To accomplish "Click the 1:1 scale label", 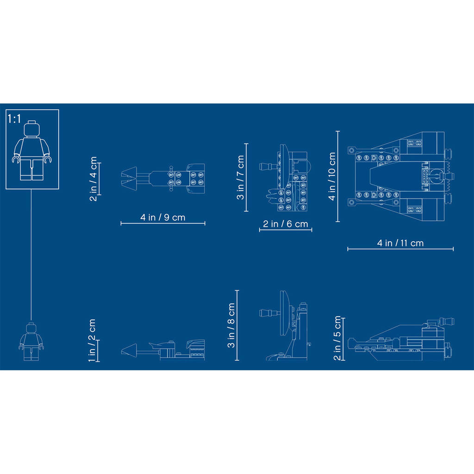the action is pos(14,119).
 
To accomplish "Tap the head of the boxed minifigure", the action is pos(32,129).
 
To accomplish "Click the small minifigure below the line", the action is pos(31,342).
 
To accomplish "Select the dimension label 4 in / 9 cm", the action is pos(162,217).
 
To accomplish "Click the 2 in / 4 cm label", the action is pos(94,178).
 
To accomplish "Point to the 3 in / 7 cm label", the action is pos(240,177).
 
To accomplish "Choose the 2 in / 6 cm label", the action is pos(285,224).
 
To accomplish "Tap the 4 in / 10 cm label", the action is pos(332,176).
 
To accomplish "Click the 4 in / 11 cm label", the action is pos(400,243).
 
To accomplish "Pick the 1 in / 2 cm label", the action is pos(92,340).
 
